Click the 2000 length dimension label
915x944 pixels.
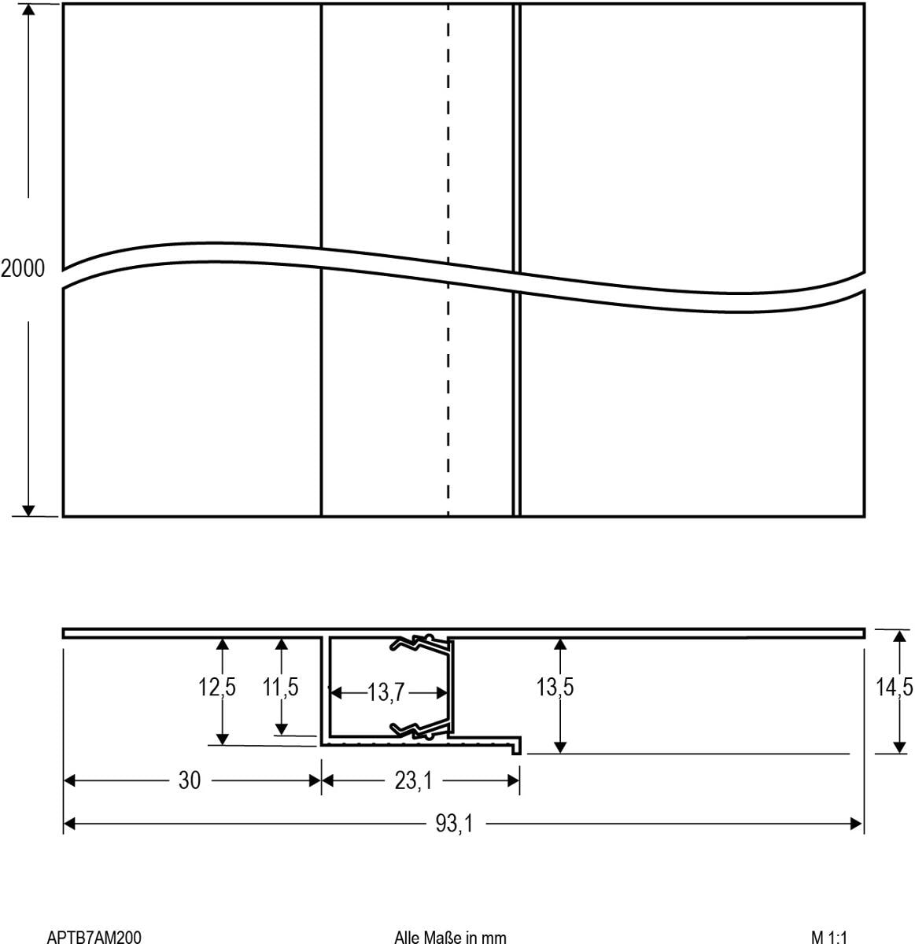click(22, 268)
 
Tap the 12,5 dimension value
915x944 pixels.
click(216, 687)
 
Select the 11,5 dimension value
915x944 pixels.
click(280, 687)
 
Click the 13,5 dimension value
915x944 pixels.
click(555, 687)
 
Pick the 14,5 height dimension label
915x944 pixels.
click(894, 687)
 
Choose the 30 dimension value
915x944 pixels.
click(189, 780)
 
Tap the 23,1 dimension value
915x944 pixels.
click(413, 780)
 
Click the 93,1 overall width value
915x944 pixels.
click(454, 824)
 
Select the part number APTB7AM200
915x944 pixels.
click(94, 936)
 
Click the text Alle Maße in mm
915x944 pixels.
click(450, 936)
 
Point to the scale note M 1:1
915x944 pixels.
click(829, 936)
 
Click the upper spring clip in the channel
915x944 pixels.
click(421, 643)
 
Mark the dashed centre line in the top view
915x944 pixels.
click(448, 260)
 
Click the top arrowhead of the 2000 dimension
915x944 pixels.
click(28, 9)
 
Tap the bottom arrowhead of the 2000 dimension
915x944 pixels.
click(28, 511)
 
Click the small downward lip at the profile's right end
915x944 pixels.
click(517, 747)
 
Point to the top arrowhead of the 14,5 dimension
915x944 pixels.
click(899, 636)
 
